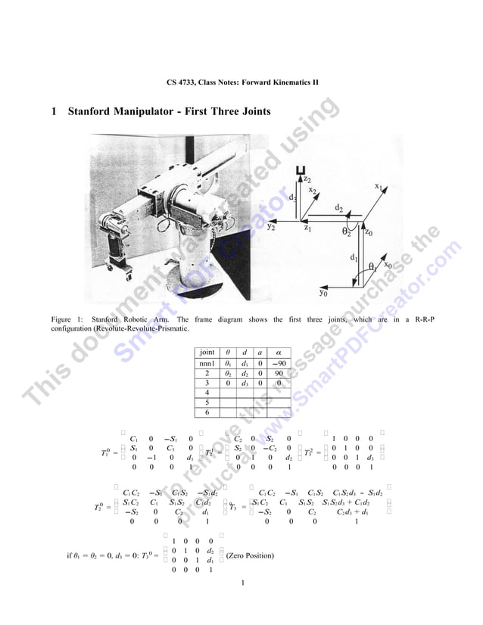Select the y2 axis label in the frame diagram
tap(271, 225)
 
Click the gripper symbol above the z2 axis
tap(304, 170)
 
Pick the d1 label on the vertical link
tap(354, 258)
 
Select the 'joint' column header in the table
tap(206, 353)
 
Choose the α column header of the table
tap(278, 353)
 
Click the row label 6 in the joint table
tap(206, 412)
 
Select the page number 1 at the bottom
tap(242, 583)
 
